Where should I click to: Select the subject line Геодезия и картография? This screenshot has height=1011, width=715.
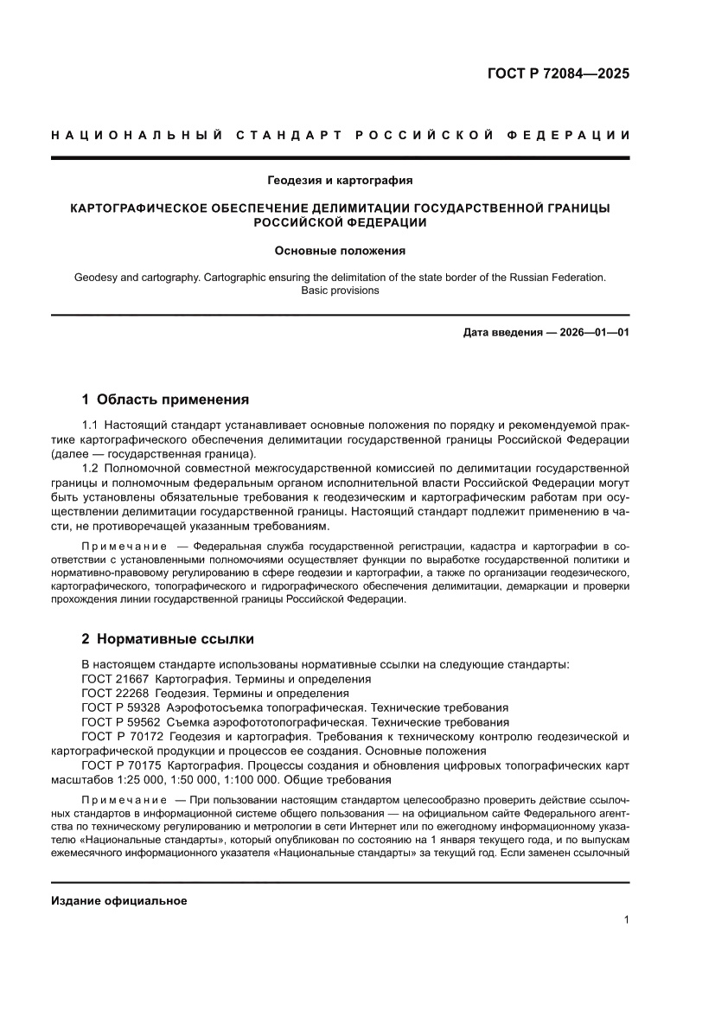340,181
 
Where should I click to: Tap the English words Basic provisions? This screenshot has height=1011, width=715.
340,291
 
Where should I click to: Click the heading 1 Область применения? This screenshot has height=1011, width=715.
165,400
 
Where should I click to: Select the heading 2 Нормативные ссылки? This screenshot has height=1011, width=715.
168,640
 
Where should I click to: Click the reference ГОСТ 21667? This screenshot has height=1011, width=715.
115,679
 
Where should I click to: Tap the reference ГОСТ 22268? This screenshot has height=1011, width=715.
115,693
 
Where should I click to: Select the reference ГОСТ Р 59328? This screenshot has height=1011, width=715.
120,707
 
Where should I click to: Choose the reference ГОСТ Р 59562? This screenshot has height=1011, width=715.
120,721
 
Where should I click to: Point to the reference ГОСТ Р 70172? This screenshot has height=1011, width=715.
120,736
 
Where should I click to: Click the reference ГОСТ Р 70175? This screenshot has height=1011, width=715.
120,765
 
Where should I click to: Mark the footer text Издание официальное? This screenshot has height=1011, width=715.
119,900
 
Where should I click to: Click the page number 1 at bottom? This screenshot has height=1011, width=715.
626,920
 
